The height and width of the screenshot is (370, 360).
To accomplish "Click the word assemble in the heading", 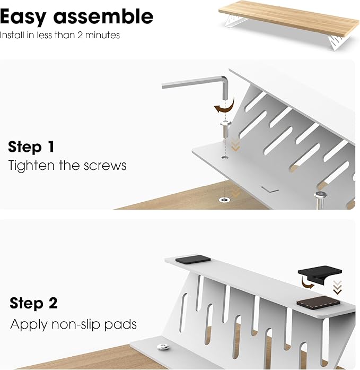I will (x=103, y=17).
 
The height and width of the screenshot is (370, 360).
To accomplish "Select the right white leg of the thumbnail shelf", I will (x=340, y=42).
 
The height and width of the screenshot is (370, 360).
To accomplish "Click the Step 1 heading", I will (x=31, y=147).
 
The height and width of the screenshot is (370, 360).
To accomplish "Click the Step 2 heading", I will (x=33, y=304).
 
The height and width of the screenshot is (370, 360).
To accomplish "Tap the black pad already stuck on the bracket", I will (x=192, y=260).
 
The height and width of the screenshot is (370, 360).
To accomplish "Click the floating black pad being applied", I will (x=320, y=277).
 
